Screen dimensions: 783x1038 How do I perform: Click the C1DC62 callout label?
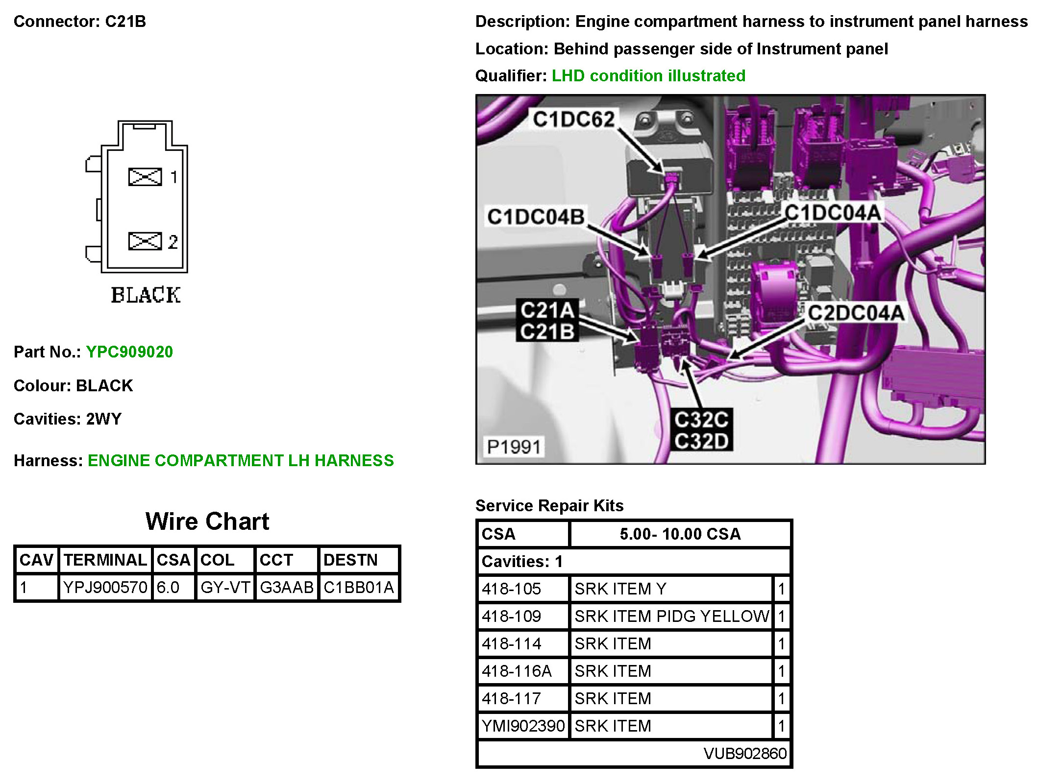[x=573, y=119]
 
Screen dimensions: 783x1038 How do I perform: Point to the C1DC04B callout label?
[x=536, y=216]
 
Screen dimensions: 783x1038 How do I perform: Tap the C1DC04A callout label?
[x=833, y=213]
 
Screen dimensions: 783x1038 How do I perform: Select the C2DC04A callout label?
[x=856, y=313]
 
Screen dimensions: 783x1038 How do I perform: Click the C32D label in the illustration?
[x=701, y=441]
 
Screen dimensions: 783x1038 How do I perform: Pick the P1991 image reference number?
[x=514, y=447]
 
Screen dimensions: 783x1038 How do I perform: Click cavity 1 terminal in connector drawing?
[x=145, y=177]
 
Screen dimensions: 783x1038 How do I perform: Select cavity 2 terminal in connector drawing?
[x=145, y=241]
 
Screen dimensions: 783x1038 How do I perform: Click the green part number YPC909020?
[x=129, y=352]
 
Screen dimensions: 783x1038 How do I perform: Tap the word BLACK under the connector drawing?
[x=146, y=295]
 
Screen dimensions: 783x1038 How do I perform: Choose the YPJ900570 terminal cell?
[x=105, y=587]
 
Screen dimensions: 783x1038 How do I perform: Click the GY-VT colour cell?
[x=225, y=587]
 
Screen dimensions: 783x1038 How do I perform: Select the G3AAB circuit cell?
[x=286, y=587]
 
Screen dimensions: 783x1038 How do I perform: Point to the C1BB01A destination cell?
[x=359, y=587]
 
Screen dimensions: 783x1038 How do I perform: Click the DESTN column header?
[x=350, y=560]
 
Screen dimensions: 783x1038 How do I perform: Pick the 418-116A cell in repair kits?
[x=517, y=671]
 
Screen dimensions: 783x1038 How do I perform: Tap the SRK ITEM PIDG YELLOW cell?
[x=671, y=616]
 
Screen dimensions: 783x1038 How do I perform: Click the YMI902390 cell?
[x=523, y=726]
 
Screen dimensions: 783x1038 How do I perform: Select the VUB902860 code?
[x=745, y=753]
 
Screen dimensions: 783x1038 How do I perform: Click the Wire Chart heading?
[x=207, y=521]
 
